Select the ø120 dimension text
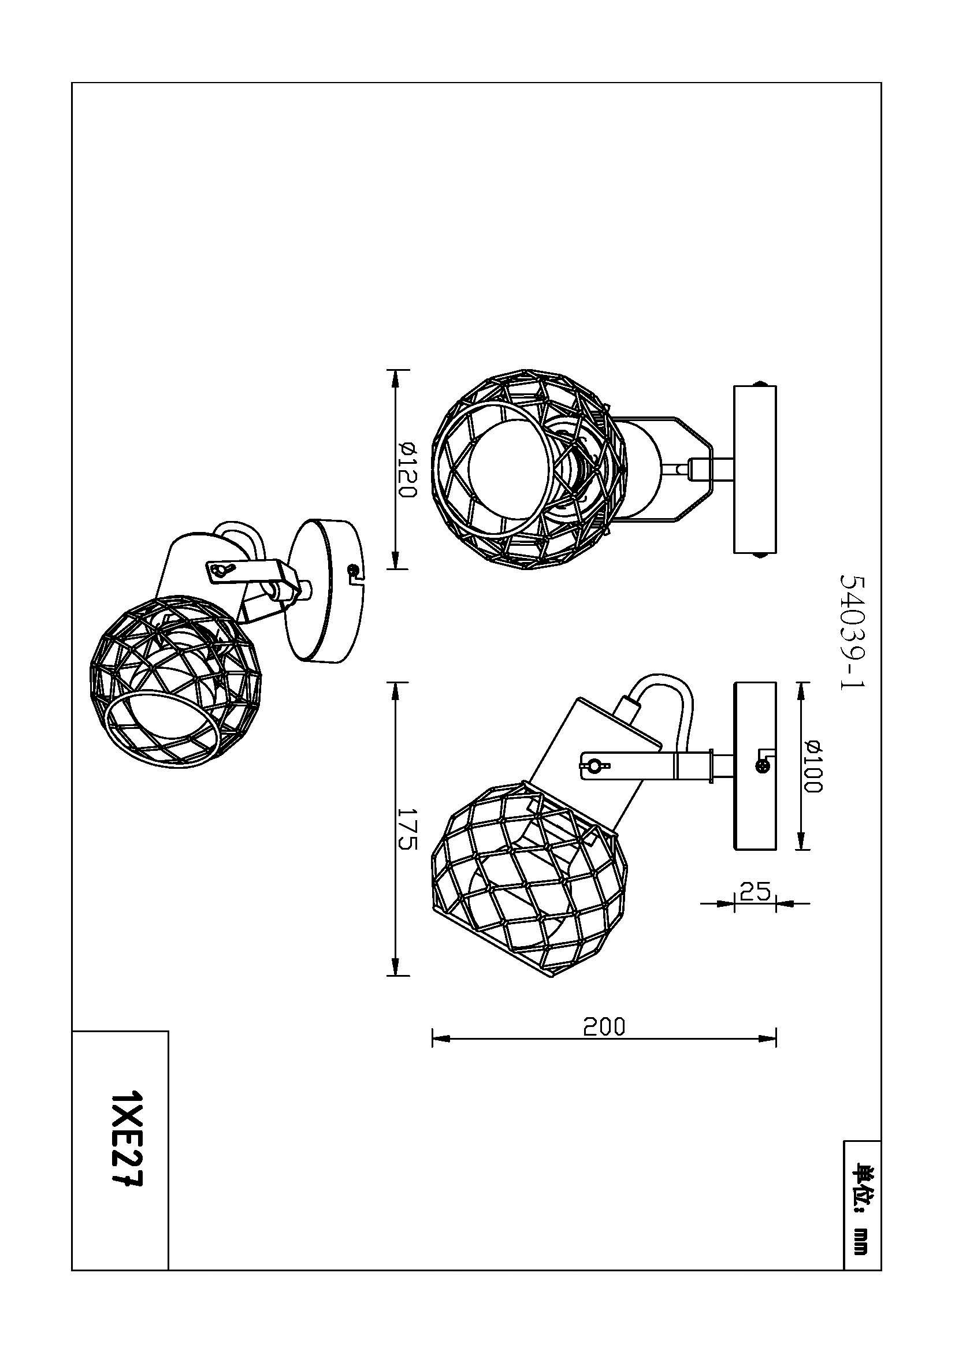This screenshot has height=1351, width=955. click(x=407, y=471)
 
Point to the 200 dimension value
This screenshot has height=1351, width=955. click(x=604, y=1027)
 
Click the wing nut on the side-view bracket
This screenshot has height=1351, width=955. click(x=594, y=765)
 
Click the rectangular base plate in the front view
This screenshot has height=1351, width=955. click(x=755, y=469)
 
